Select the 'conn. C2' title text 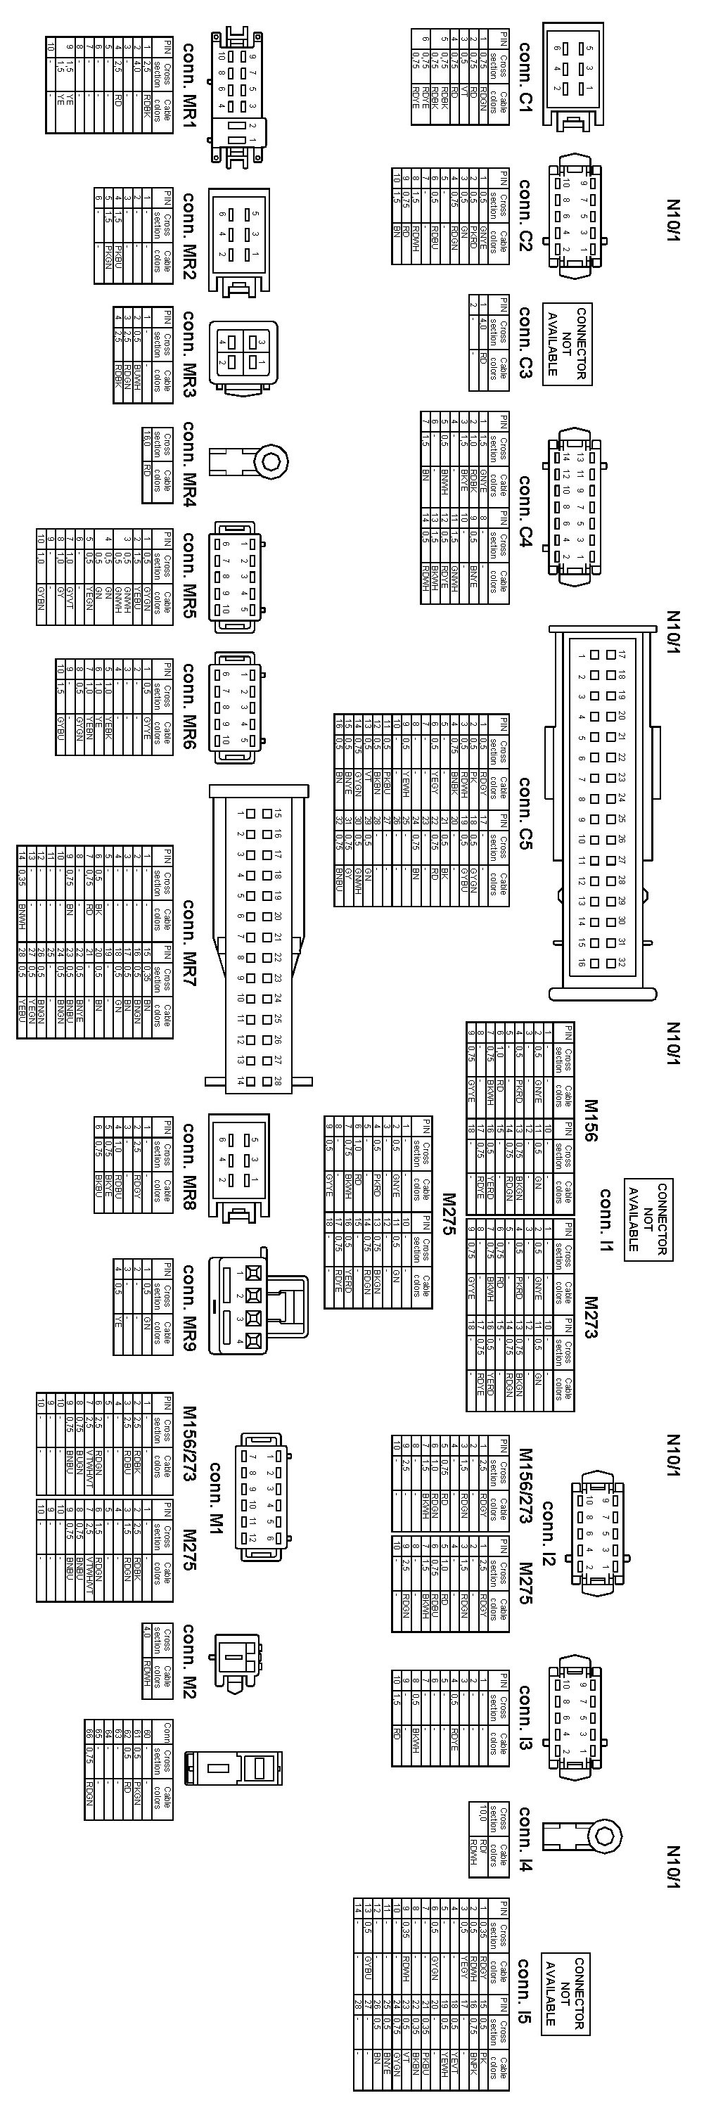(x=525, y=215)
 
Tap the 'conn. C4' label (x=525, y=503)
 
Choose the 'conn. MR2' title (x=188, y=236)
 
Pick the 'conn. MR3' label (x=188, y=353)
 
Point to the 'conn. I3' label (x=525, y=1722)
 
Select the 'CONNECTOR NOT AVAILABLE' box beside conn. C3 (x=567, y=343)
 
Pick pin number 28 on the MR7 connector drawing (x=278, y=1080)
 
